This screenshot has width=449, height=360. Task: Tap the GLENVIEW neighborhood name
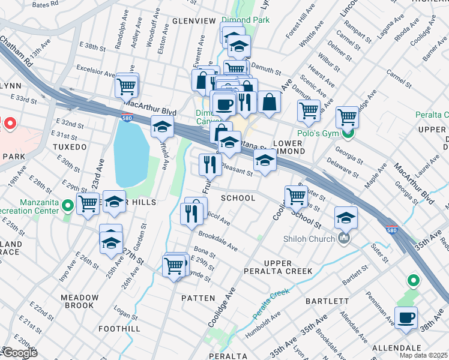194,21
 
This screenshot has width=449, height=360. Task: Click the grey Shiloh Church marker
344,239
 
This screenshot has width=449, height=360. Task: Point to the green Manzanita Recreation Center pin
68,206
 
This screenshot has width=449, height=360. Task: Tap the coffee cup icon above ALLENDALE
406,319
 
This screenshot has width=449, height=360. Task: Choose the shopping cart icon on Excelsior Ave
127,86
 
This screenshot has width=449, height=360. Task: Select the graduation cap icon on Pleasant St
265,161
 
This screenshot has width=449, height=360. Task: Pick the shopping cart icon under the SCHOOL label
297,196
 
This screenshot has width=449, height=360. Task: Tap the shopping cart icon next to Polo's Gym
348,117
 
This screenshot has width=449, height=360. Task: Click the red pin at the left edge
10,124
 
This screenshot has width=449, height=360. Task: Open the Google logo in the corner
19,352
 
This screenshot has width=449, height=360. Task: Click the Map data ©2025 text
424,355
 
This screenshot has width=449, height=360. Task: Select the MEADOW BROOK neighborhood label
79,301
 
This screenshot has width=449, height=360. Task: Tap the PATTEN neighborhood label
197,298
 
